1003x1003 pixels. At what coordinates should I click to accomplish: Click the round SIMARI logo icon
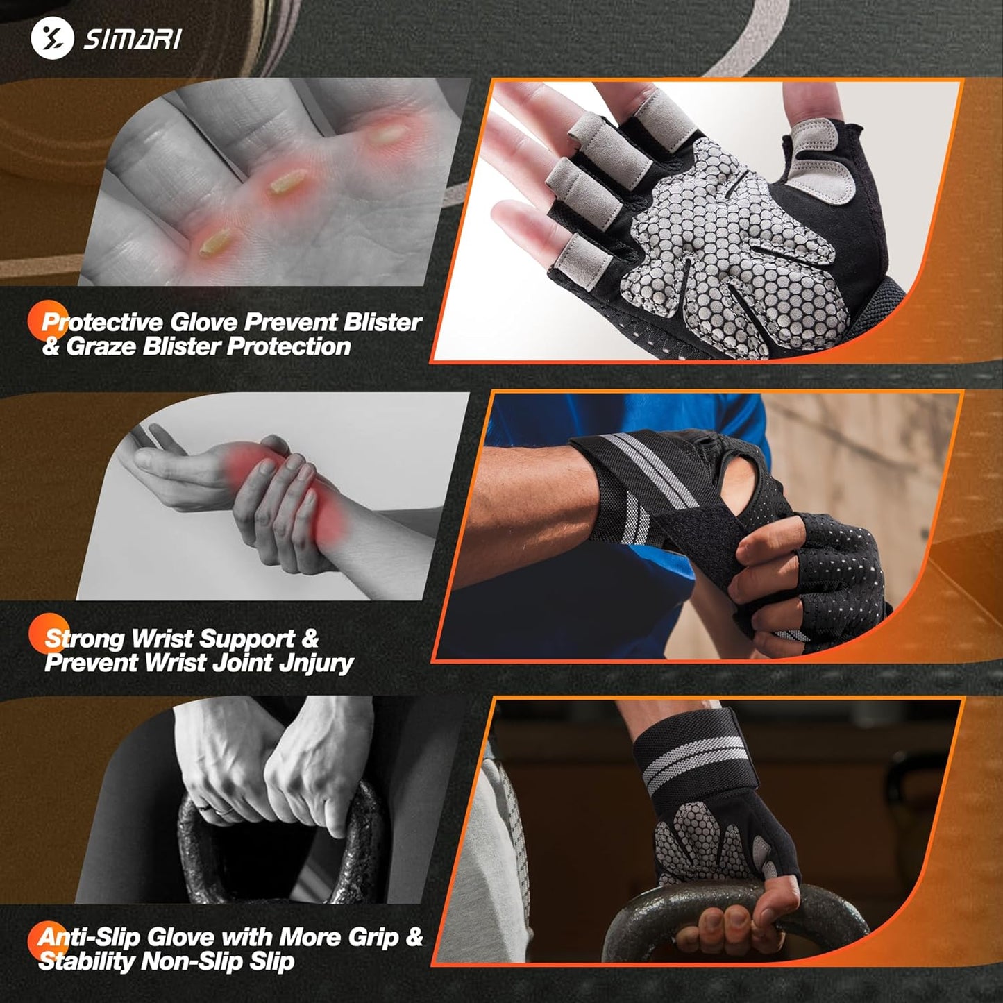[52, 37]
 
